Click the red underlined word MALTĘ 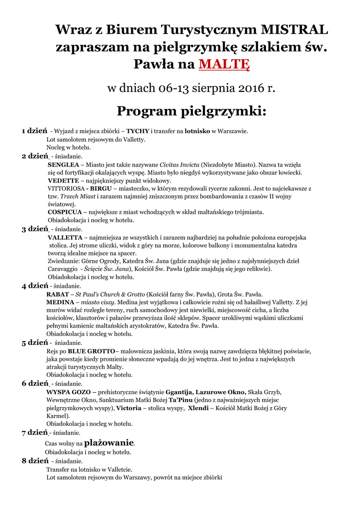coord(224,65)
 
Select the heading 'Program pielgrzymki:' coord(191,110)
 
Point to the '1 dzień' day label coord(34,131)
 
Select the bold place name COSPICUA coord(65,212)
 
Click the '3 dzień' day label coord(34,229)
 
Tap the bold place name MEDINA coord(60,302)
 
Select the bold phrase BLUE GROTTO coord(88,351)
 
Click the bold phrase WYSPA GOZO coord(69,392)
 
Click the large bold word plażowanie coord(109,442)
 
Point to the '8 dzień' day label coord(34,461)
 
